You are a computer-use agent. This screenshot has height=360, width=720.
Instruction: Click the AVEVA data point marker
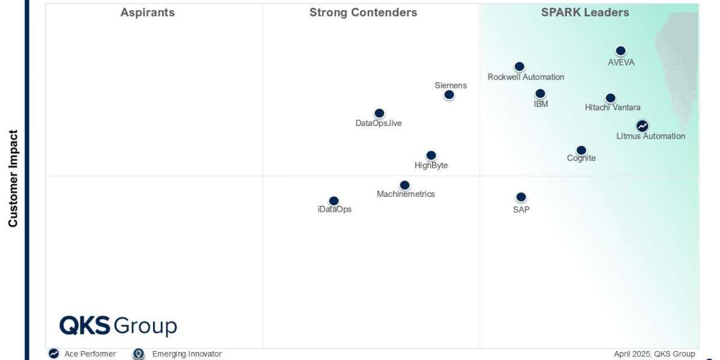coord(620,52)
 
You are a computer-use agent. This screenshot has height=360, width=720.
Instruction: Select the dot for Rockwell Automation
coord(520,67)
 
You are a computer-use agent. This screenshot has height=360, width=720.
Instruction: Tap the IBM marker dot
coord(540,94)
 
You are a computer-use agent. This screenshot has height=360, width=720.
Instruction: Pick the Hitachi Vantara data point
coord(610,98)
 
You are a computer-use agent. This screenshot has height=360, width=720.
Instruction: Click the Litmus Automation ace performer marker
coord(642,126)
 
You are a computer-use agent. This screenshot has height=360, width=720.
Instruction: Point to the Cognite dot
coord(581,151)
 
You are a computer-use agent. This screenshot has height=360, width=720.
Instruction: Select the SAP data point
coord(521,197)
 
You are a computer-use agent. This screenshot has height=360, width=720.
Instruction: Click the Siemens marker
coord(449,95)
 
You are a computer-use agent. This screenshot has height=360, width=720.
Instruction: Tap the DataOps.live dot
coord(379,113)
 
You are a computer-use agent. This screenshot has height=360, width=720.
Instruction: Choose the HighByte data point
coord(431,155)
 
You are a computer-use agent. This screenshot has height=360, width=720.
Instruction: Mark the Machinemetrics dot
coord(404,185)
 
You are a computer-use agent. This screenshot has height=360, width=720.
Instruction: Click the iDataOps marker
coord(334,201)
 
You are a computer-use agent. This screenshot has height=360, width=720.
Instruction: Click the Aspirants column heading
coord(148,13)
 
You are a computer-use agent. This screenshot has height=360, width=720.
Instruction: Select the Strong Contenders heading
coord(363,13)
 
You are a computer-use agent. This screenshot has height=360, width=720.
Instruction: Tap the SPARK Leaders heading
coord(585,13)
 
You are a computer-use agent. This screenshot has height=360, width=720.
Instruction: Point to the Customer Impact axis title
coord(13,179)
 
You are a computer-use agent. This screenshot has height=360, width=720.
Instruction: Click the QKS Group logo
coord(118,326)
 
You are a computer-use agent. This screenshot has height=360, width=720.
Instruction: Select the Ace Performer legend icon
coord(54,354)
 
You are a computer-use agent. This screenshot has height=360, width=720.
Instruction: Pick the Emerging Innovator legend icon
coord(139,354)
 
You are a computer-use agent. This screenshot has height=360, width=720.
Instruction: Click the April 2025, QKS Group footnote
coord(654,354)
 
